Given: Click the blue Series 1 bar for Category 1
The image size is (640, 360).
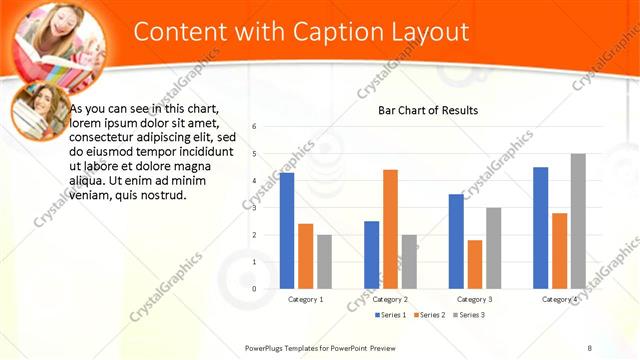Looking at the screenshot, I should point(287,230).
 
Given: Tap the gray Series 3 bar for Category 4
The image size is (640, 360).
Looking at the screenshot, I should point(578,221).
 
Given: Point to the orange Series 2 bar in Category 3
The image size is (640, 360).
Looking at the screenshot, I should point(474,264).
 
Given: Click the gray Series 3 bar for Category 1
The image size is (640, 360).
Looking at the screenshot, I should point(324,261).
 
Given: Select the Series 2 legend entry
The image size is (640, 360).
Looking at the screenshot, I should point(430,315).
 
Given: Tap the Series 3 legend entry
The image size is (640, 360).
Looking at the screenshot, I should point(469,315).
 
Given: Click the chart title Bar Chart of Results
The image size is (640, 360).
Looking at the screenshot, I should point(427,110).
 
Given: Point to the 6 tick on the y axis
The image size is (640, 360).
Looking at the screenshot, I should point(255,127).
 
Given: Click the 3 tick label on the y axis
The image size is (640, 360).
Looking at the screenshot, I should point(255,208).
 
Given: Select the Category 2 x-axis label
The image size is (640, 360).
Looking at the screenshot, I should point(390,299).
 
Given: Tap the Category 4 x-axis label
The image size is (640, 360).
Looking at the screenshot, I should point(560,299).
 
